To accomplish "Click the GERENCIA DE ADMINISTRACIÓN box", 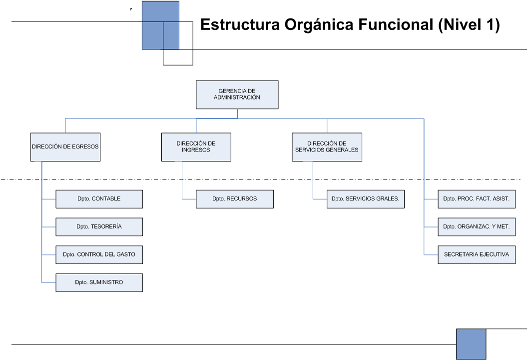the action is coord(237,94).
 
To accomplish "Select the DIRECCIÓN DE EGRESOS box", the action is coord(65,147).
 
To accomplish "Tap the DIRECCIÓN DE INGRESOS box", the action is coord(196,147).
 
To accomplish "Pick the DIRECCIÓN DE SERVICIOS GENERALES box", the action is coord(327,147).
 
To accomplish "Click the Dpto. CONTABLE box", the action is coord(99,199).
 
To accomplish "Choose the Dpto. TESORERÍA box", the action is coord(99,226).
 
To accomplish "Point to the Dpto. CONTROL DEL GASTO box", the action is coord(99,254).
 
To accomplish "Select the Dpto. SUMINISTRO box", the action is coord(99,282).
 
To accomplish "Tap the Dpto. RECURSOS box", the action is coord(235,199).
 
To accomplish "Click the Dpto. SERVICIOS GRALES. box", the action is coord(365,199).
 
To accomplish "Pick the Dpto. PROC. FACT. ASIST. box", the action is coord(477,199).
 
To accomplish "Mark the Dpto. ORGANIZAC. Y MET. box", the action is coord(477,226).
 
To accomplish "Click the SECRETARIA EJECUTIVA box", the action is coord(477,254).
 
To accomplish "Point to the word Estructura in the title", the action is coord(240,24).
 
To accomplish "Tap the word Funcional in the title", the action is coord(396,24).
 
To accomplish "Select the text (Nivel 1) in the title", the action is coord(469,25).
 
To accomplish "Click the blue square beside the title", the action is coord(160,25).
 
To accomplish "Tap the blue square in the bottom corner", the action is coord(471,344).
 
